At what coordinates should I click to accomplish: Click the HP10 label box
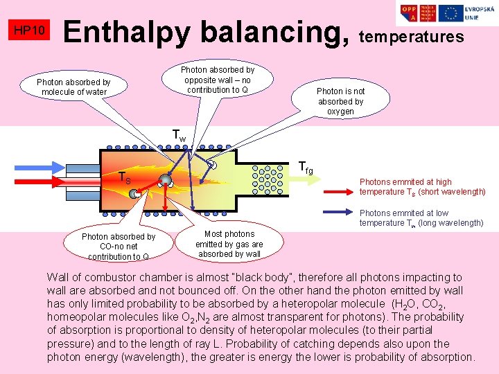(29, 31)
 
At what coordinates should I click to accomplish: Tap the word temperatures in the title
(412, 37)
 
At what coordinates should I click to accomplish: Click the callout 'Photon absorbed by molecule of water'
(73, 87)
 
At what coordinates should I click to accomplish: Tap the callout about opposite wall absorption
(218, 80)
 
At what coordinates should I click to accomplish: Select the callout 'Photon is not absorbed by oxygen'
(340, 101)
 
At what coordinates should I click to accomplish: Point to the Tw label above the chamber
(178, 136)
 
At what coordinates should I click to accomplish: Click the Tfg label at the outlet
(305, 167)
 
